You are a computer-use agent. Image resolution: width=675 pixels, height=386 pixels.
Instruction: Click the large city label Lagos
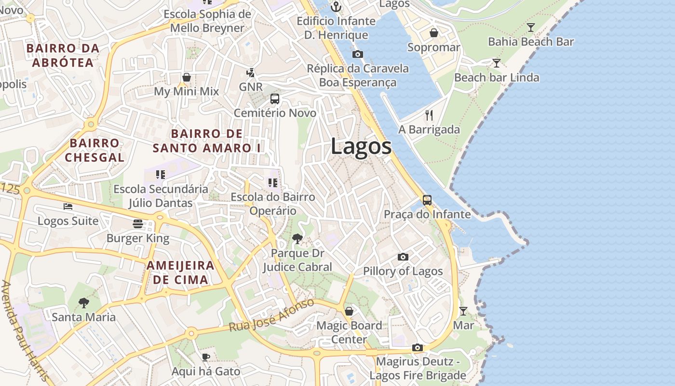click(361, 147)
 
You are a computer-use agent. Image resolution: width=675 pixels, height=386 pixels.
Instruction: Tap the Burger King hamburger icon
click(138, 224)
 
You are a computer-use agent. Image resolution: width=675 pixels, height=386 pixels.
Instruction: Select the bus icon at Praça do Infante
click(427, 200)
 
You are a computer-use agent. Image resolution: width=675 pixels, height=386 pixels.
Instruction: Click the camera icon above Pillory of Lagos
click(403, 257)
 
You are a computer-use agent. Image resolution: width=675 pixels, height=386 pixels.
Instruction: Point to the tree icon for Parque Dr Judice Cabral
click(297, 238)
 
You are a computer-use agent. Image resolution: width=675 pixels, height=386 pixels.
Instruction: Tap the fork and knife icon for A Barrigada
click(429, 115)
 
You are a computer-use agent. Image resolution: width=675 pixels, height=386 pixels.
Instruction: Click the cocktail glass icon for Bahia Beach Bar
click(531, 28)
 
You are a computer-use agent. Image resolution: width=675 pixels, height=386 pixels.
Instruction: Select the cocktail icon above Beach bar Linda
click(496, 63)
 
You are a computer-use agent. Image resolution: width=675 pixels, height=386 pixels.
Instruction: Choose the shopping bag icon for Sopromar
click(434, 33)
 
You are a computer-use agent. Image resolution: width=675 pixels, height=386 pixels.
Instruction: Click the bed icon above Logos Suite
click(68, 207)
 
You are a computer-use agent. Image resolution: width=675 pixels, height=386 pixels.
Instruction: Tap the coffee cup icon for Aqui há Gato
click(206, 357)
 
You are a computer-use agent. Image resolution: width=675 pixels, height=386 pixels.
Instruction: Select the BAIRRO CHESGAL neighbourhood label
click(94, 150)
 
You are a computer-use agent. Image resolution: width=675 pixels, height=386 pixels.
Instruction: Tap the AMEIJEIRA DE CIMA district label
click(181, 273)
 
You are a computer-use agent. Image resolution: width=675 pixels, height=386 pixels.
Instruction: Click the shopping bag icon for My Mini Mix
click(187, 77)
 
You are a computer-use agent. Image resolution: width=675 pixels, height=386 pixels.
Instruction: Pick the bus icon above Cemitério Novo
click(275, 99)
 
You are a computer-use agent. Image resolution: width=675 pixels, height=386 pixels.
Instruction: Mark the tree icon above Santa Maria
click(84, 303)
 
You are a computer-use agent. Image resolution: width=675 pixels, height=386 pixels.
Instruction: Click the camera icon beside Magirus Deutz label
click(418, 347)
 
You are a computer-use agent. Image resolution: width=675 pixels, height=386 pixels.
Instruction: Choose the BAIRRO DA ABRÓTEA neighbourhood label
click(63, 55)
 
